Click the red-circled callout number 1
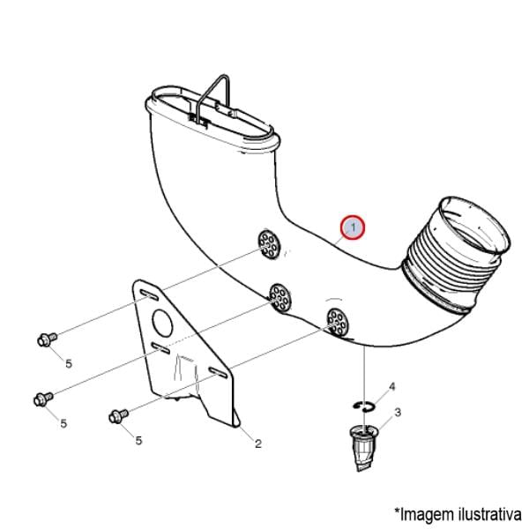click(x=353, y=227)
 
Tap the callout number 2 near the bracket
click(x=258, y=443)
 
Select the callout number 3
click(x=398, y=413)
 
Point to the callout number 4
click(x=391, y=387)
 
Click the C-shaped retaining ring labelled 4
click(x=363, y=406)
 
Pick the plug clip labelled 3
click(x=363, y=447)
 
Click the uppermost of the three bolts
click(x=47, y=339)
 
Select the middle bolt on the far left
click(x=44, y=399)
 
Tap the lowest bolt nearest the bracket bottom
click(x=118, y=416)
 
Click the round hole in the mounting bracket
click(x=162, y=324)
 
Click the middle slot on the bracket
click(x=160, y=348)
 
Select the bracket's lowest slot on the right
click(x=219, y=372)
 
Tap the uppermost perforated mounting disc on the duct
click(x=269, y=244)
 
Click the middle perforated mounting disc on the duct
click(x=280, y=297)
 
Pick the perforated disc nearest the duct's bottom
click(x=339, y=322)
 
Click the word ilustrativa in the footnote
click(x=490, y=515)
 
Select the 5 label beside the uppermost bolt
click(x=69, y=363)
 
